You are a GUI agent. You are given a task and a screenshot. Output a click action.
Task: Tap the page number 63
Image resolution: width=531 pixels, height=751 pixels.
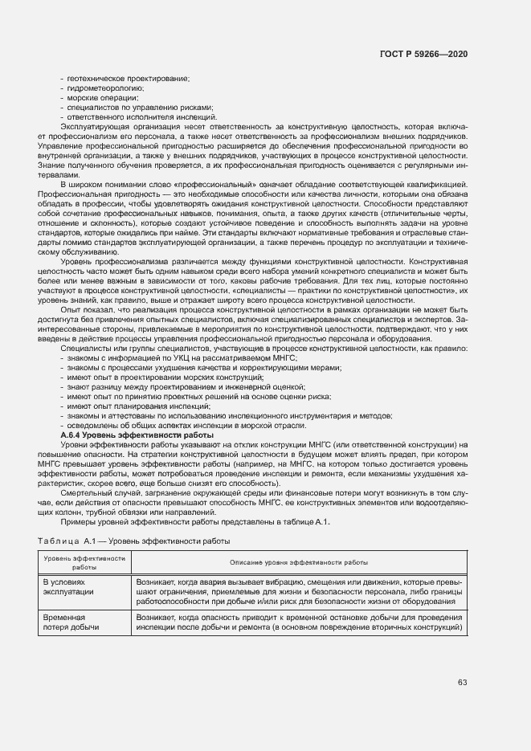tap(463, 683)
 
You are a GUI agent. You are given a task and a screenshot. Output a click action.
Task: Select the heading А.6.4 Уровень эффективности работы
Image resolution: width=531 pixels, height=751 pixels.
tap(137, 435)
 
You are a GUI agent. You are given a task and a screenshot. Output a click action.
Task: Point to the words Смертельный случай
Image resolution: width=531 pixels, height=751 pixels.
tap(93, 492)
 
